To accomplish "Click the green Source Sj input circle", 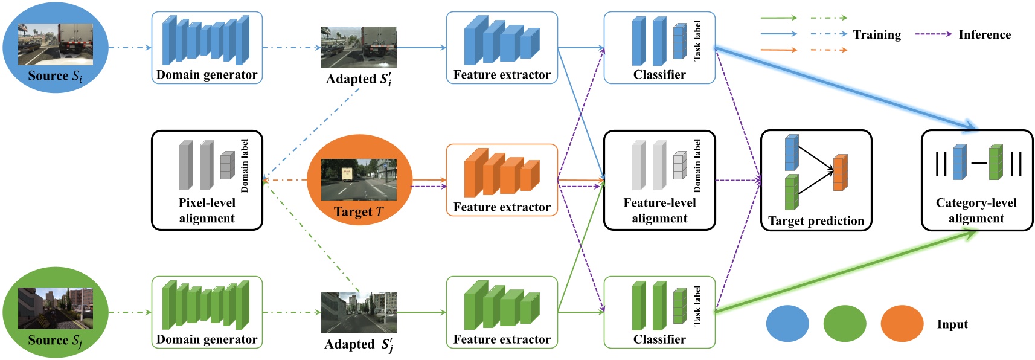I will tap(55, 312).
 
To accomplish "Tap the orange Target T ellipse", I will tap(359, 180).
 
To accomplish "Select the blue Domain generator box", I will tap(207, 48).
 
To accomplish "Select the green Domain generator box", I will tap(207, 312).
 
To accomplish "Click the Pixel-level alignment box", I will tap(207, 180).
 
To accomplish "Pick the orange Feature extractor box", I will tap(501, 180).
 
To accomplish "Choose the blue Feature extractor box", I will tap(501, 48).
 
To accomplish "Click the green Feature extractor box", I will tap(501, 312).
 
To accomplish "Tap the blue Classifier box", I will tap(659, 48).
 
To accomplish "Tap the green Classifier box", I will tap(659, 312).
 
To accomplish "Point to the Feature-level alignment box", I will tap(659, 180).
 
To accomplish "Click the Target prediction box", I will tap(816, 180).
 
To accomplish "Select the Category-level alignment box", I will tap(976, 180).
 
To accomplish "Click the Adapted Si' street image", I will tap(359, 47).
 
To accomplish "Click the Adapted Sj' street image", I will tap(359, 312).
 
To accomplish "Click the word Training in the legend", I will tap(877, 34).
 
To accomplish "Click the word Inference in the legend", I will tap(984, 34).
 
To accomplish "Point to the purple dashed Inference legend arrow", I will tap(933, 34).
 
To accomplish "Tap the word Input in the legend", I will tap(952, 324).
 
